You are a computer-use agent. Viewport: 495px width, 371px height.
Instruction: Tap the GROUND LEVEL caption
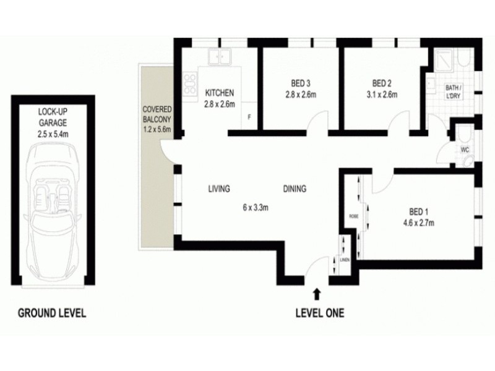click(51, 313)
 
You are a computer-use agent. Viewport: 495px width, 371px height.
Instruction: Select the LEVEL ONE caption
click(319, 313)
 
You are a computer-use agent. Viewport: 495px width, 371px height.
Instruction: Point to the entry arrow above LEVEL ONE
click(318, 293)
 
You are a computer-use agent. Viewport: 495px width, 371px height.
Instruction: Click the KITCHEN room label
click(220, 93)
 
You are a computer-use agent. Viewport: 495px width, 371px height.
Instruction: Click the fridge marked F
click(249, 116)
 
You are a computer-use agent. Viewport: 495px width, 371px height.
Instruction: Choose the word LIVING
click(219, 189)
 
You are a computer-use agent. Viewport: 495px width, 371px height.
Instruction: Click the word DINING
click(295, 189)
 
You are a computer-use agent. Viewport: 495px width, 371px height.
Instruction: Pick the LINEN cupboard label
click(345, 260)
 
